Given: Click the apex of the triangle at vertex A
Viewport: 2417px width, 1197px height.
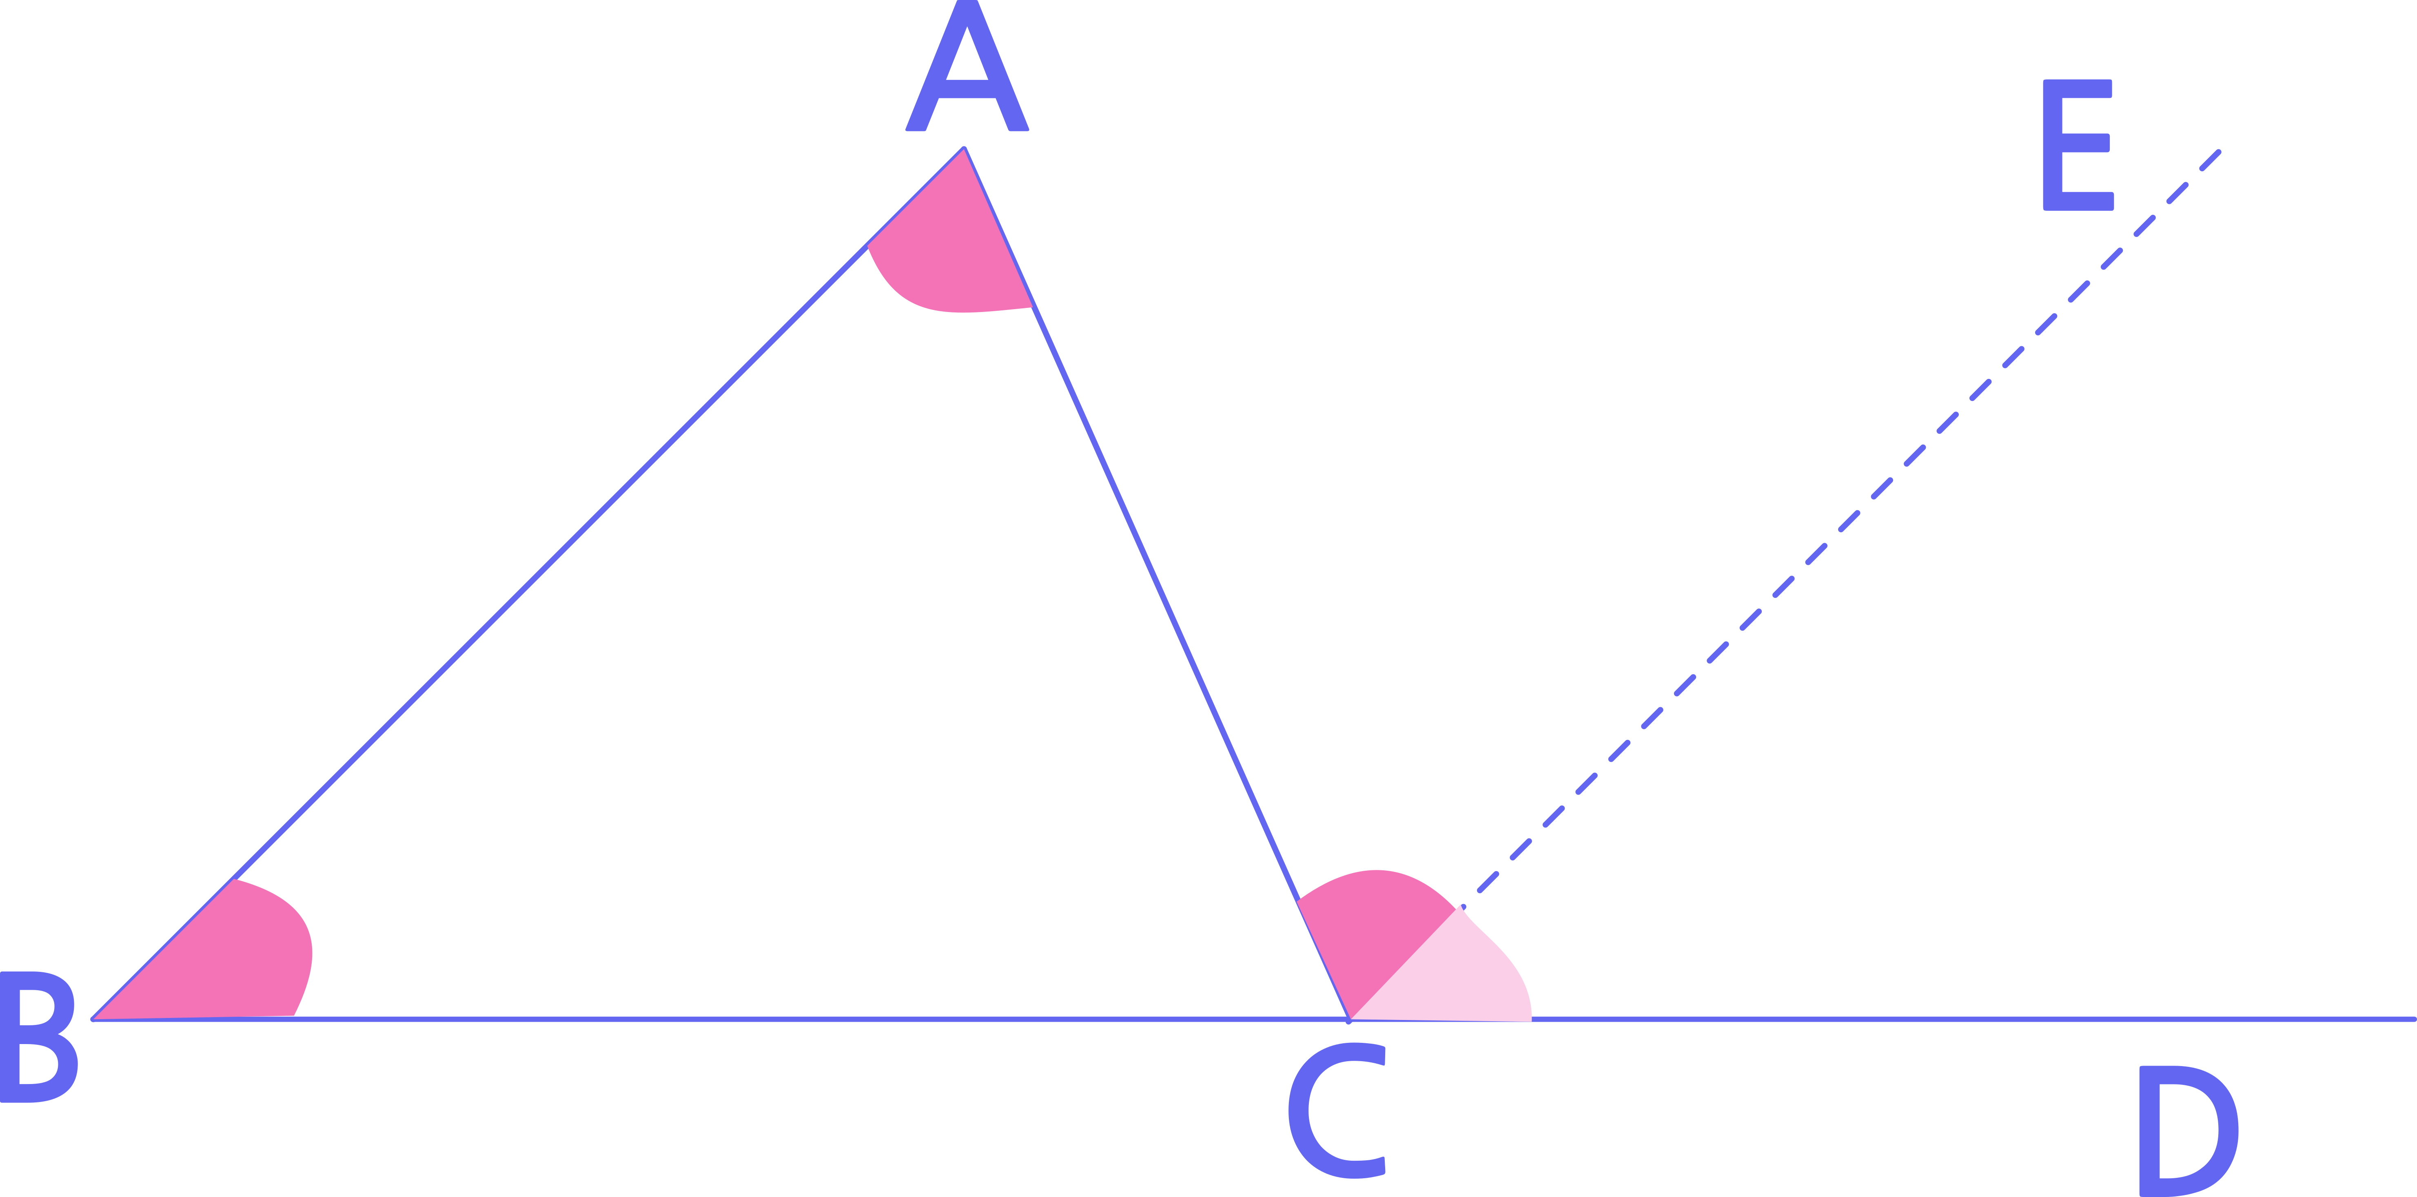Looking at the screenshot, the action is pyautogui.click(x=965, y=148).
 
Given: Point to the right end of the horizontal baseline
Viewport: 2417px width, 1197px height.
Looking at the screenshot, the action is pyautogui.click(x=2413, y=1019).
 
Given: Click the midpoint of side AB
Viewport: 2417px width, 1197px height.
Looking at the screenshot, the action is pyautogui.click(x=528, y=584).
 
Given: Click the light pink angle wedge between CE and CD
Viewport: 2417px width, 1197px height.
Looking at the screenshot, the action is pyautogui.click(x=1450, y=976).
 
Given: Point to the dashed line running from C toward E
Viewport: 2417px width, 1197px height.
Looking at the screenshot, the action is pyautogui.click(x=1784, y=585).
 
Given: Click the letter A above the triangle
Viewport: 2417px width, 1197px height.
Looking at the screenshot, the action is pyautogui.click(x=967, y=65).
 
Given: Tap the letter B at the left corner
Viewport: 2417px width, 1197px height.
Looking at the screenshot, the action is pyautogui.click(x=38, y=1037).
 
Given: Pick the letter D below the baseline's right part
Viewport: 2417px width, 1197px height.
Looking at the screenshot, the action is pyautogui.click(x=2189, y=1131).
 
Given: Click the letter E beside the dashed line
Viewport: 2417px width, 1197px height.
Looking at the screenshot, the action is pyautogui.click(x=2078, y=144).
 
